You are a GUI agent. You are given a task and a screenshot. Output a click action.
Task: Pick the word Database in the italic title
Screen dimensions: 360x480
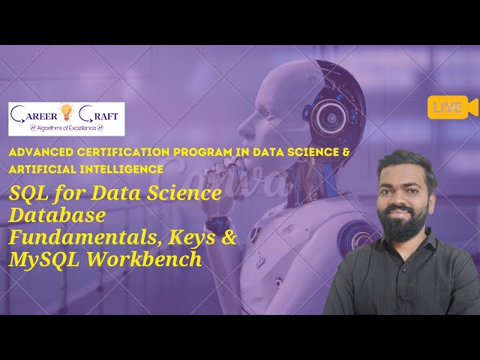[57, 216]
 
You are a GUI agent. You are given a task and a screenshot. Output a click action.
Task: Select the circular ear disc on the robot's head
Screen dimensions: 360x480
[329, 116]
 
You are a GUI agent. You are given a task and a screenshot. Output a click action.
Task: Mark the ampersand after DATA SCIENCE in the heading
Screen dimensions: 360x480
[346, 152]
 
